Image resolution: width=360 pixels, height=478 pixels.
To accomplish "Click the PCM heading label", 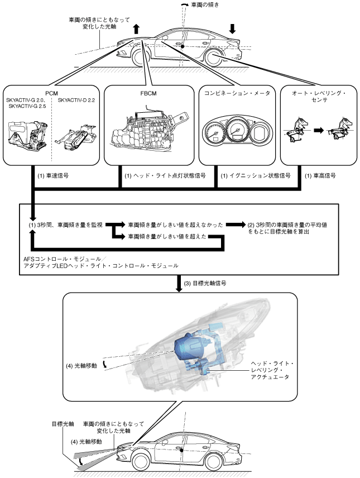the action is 51,94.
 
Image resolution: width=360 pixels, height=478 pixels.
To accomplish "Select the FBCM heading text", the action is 148,94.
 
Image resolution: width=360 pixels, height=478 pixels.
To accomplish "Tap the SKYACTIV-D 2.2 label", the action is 76,101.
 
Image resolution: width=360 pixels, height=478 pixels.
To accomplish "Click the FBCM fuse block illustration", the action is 150,130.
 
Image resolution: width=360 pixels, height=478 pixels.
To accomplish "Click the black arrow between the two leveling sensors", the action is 319,131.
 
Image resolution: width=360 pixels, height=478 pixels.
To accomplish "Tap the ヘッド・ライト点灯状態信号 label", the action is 165,176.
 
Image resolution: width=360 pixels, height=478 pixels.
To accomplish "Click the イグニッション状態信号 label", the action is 256,176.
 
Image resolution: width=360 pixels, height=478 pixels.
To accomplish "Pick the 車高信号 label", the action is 320,176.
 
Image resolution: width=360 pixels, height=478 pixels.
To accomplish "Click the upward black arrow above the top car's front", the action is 136,29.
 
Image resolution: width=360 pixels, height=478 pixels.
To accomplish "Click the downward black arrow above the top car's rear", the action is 233,28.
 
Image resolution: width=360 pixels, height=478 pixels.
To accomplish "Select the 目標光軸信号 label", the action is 205,283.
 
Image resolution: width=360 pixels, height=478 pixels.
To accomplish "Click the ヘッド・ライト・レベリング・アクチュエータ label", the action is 272,370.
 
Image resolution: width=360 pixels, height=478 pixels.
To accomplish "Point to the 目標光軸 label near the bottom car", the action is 63,424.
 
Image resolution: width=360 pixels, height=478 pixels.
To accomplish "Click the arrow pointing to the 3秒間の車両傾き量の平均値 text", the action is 236,224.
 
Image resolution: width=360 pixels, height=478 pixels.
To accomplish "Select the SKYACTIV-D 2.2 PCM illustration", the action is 76,135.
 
